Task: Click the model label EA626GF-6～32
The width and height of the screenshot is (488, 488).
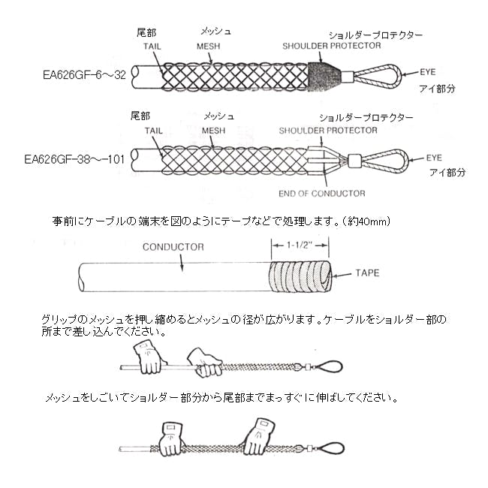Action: pyautogui.click(x=84, y=75)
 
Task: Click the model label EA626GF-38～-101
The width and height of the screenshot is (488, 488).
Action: pyautogui.click(x=74, y=159)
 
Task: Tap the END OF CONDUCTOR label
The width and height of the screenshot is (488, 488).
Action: pyautogui.click(x=322, y=194)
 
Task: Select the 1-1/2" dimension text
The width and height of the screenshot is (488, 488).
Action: pyautogui.click(x=299, y=245)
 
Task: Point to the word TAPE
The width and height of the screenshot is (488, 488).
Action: pyautogui.click(x=367, y=273)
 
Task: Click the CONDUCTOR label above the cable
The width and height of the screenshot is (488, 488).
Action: pyautogui.click(x=173, y=247)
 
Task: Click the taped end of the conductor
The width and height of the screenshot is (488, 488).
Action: pyautogui.click(x=300, y=276)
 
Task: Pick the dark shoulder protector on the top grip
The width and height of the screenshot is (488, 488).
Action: pyautogui.click(x=324, y=77)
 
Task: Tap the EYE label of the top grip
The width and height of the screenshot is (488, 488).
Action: pyautogui.click(x=428, y=72)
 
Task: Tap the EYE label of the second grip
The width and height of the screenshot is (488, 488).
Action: pyautogui.click(x=434, y=158)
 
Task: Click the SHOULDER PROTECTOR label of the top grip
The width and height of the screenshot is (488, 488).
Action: pyautogui.click(x=331, y=46)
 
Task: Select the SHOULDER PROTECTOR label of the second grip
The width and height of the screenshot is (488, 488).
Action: pyautogui.click(x=328, y=131)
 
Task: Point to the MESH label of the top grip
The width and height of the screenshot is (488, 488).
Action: pyautogui.click(x=208, y=47)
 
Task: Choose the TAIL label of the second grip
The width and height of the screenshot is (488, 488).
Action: pyautogui.click(x=153, y=131)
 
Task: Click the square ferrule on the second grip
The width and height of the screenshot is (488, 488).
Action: pyautogui.click(x=355, y=160)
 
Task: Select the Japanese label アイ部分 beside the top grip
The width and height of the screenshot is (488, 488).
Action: pyautogui.click(x=437, y=89)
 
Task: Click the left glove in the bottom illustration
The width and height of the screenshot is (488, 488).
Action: pyautogui.click(x=170, y=439)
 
